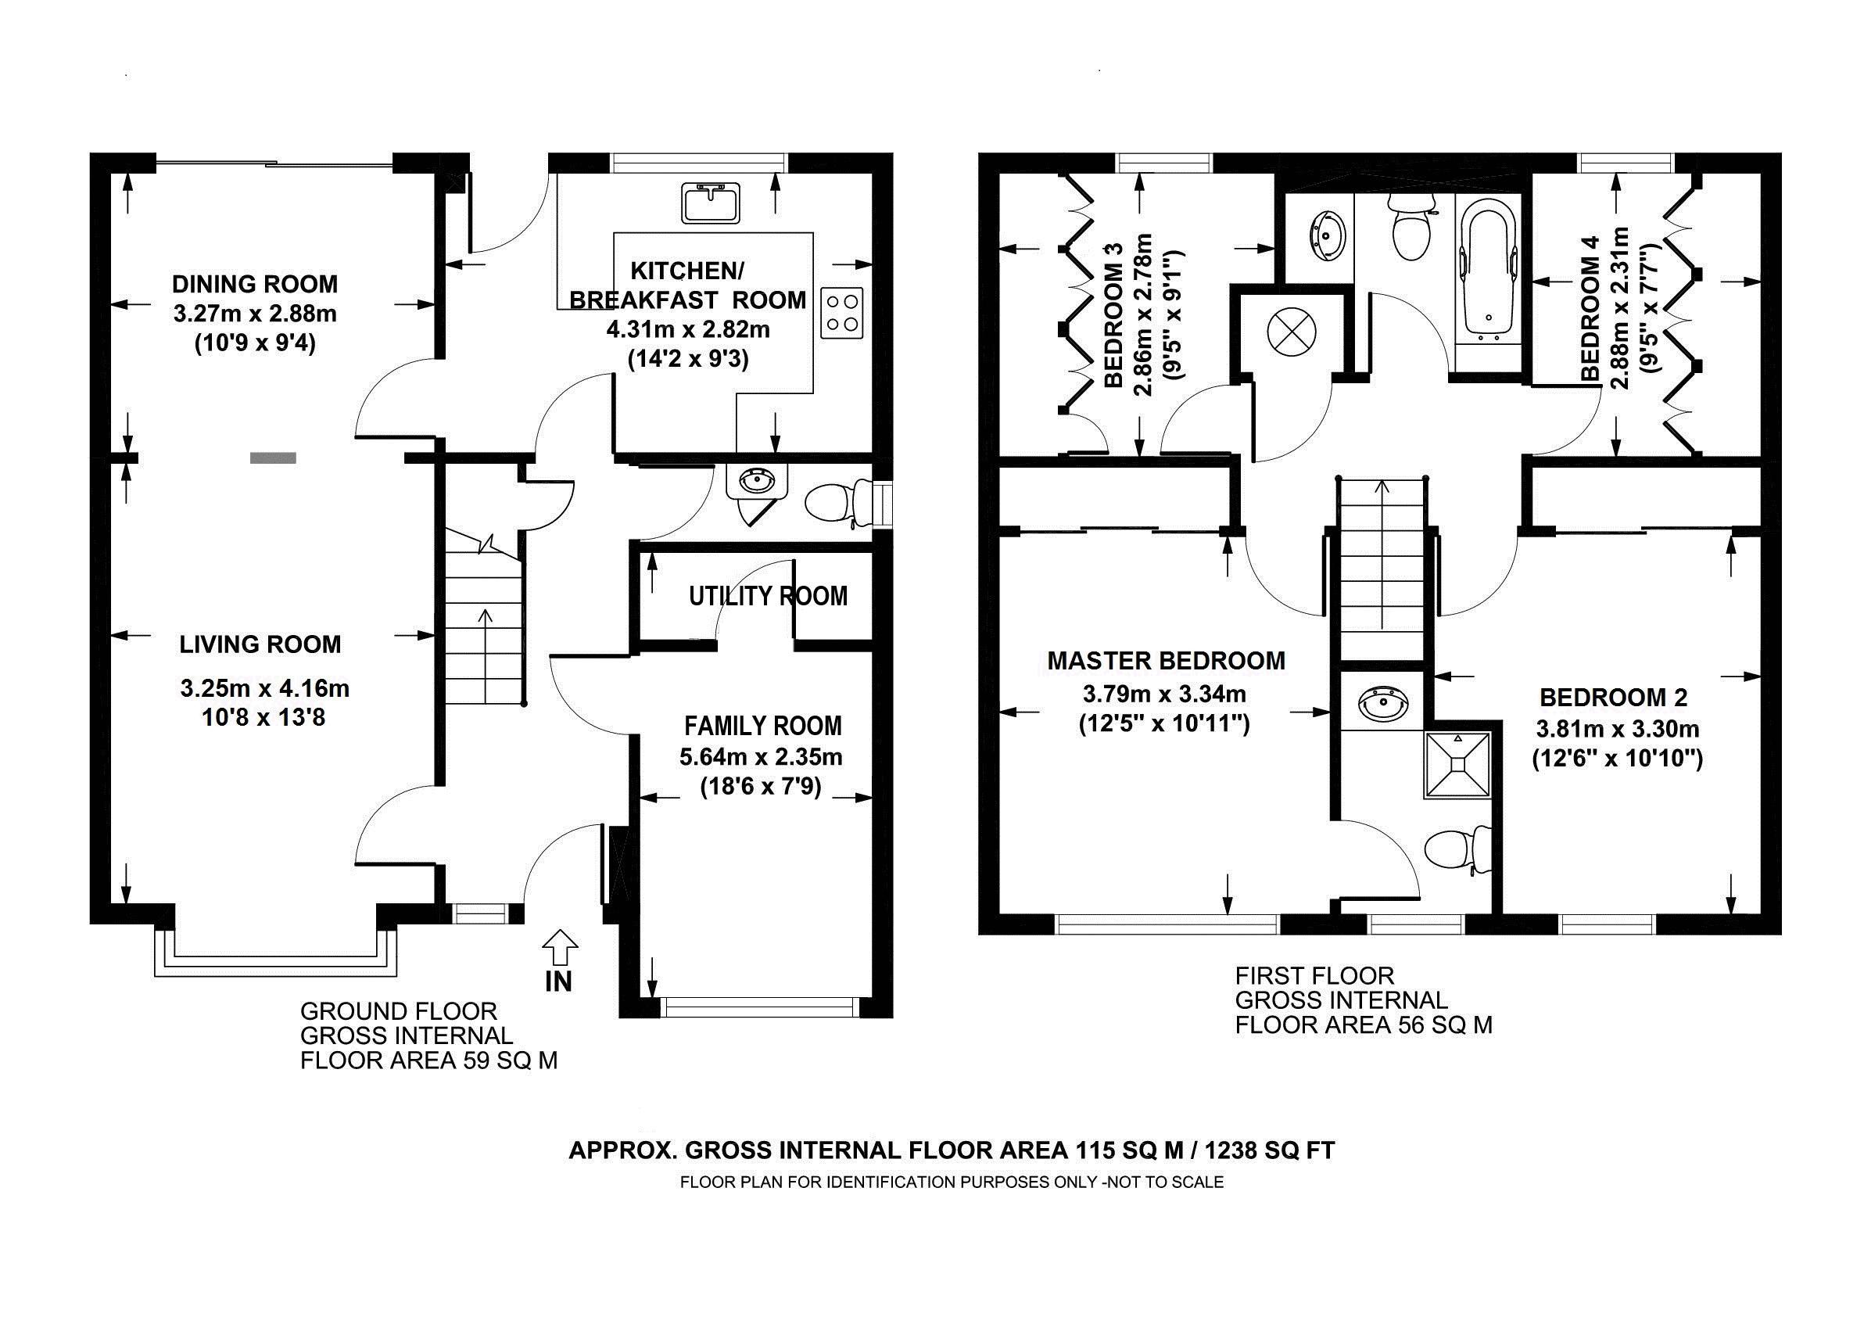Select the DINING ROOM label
(x=255, y=284)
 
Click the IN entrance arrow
(x=559, y=948)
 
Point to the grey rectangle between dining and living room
(x=273, y=458)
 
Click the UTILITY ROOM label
(x=768, y=597)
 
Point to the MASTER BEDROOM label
(x=1166, y=661)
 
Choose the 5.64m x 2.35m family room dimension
(x=761, y=758)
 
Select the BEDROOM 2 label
(x=1614, y=698)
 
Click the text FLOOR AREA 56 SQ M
(x=1364, y=1025)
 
